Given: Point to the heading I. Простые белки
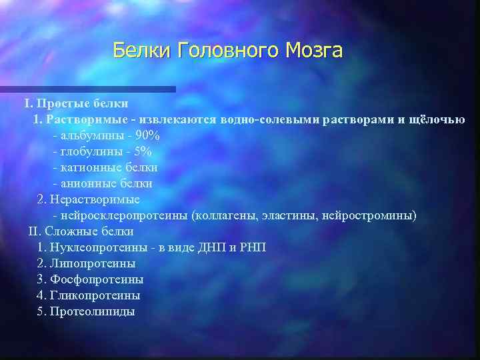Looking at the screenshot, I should click(x=76, y=103).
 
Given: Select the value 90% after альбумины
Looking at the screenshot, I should click(x=147, y=135).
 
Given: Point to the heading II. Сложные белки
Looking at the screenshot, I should click(x=81, y=231).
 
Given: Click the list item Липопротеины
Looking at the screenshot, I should click(x=97, y=263).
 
